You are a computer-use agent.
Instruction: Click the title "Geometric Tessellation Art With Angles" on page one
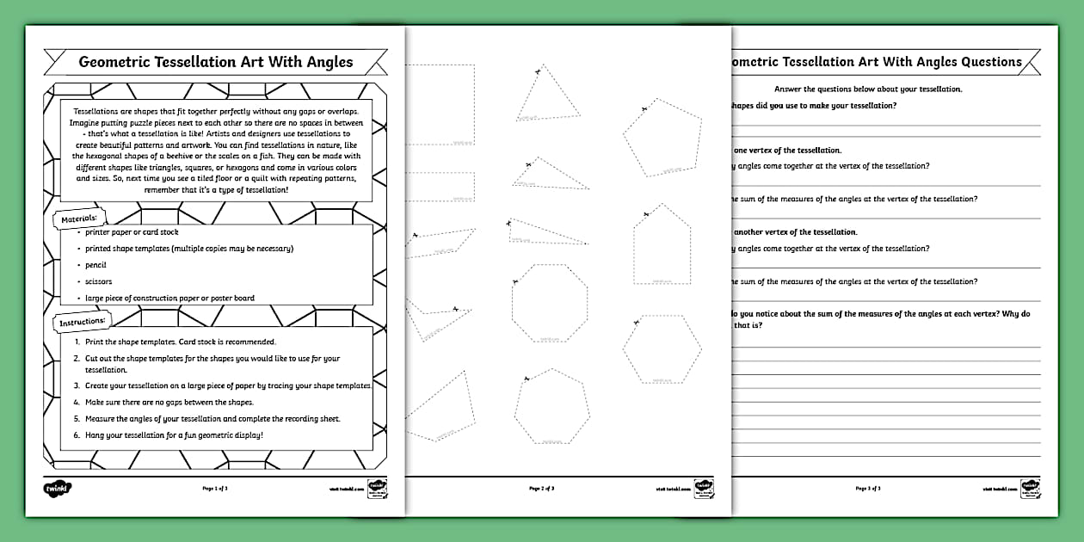click(216, 62)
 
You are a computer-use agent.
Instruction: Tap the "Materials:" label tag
click(79, 220)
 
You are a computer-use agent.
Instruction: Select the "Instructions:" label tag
click(83, 322)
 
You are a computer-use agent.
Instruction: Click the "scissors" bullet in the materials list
click(99, 281)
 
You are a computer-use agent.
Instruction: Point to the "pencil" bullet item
click(95, 265)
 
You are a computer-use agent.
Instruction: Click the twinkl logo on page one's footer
click(57, 488)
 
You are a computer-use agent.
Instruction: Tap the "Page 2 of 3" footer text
click(541, 488)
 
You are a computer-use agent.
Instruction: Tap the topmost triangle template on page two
click(545, 96)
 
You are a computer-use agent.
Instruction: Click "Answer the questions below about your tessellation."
click(868, 89)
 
